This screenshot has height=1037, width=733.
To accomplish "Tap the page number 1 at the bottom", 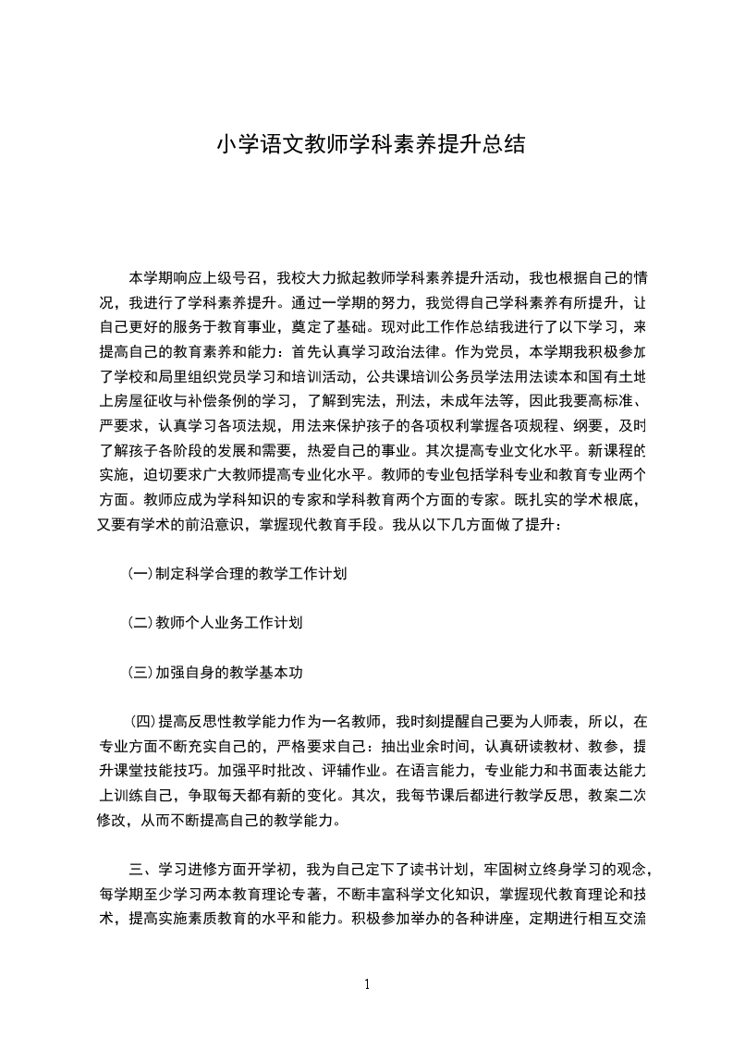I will point(367,984).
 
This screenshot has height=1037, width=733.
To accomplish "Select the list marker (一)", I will point(140,574).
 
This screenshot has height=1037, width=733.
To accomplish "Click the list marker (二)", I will point(140,623).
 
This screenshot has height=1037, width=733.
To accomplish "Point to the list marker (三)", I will point(140,673).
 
